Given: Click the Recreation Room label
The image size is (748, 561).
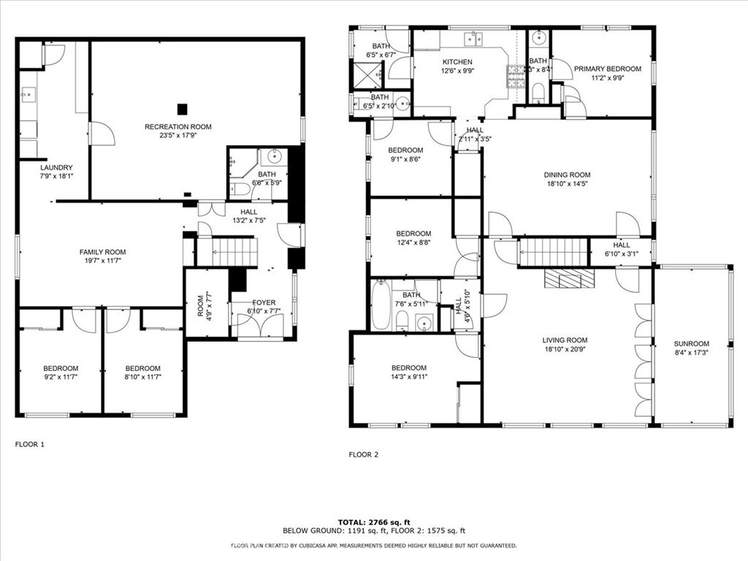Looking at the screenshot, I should (x=178, y=127).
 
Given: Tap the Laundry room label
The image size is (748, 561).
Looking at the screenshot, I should (x=50, y=167).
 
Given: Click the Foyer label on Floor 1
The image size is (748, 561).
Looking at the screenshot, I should (x=264, y=302).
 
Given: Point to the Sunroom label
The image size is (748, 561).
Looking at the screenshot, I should (x=691, y=344).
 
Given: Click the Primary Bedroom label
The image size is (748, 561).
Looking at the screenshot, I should (x=607, y=69).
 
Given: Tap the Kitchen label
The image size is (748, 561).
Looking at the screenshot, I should (x=457, y=62).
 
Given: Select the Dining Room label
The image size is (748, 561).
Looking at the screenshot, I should (x=567, y=175).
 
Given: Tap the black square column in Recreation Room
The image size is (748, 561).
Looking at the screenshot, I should (x=182, y=109).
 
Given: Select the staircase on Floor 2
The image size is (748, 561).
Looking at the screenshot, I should (x=554, y=253).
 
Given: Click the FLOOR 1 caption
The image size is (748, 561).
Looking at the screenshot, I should (x=30, y=444).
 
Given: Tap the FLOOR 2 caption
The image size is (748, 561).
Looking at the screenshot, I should (x=364, y=454).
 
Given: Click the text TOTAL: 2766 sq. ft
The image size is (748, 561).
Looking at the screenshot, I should (x=373, y=522).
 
